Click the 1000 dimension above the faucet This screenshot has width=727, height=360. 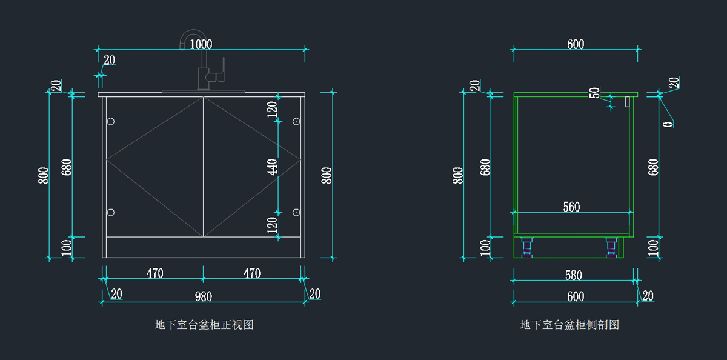click(x=201, y=44)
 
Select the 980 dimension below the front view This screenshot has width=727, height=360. click(x=203, y=296)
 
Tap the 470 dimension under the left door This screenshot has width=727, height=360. click(x=154, y=273)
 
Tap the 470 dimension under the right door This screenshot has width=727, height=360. click(x=252, y=273)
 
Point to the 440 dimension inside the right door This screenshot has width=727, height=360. click(x=273, y=167)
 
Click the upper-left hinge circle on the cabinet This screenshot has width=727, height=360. click(x=110, y=122)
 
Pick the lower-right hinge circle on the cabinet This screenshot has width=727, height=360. click(x=296, y=212)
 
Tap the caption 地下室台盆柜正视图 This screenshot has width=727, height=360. click(x=204, y=325)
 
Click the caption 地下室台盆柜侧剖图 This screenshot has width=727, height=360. click(x=569, y=325)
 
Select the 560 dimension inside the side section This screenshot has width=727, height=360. click(x=571, y=207)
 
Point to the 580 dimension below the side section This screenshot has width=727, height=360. click(x=573, y=275)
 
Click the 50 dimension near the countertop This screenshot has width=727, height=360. click(x=595, y=93)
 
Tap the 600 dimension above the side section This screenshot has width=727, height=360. click(x=576, y=44)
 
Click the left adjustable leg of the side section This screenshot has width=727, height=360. click(x=526, y=247)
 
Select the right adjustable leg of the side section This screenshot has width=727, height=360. click(x=611, y=247)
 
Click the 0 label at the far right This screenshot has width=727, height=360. click(x=668, y=124)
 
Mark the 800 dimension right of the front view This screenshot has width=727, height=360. click(x=327, y=176)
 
